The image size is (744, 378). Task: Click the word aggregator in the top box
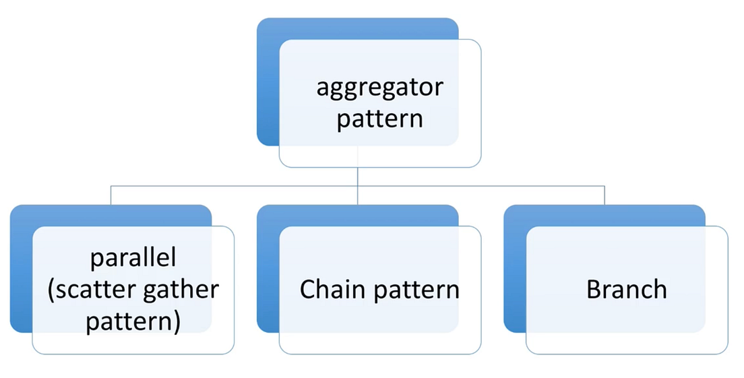(x=379, y=89)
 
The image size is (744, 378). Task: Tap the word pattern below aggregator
(x=379, y=119)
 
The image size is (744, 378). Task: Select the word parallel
(x=133, y=259)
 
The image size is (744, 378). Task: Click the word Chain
(x=326, y=290)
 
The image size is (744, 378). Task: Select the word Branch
(x=627, y=290)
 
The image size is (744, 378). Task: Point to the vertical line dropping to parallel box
(x=111, y=195)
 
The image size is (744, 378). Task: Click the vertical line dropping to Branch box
(x=604, y=195)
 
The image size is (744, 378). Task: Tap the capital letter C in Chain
(x=307, y=290)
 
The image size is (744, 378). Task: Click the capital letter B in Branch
(x=594, y=290)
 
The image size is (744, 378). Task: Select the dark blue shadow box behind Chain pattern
(x=268, y=270)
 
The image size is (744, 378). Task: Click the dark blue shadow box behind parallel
(x=21, y=270)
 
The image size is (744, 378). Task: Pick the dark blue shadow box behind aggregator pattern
(x=268, y=81)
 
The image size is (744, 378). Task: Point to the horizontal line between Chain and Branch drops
(x=481, y=185)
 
